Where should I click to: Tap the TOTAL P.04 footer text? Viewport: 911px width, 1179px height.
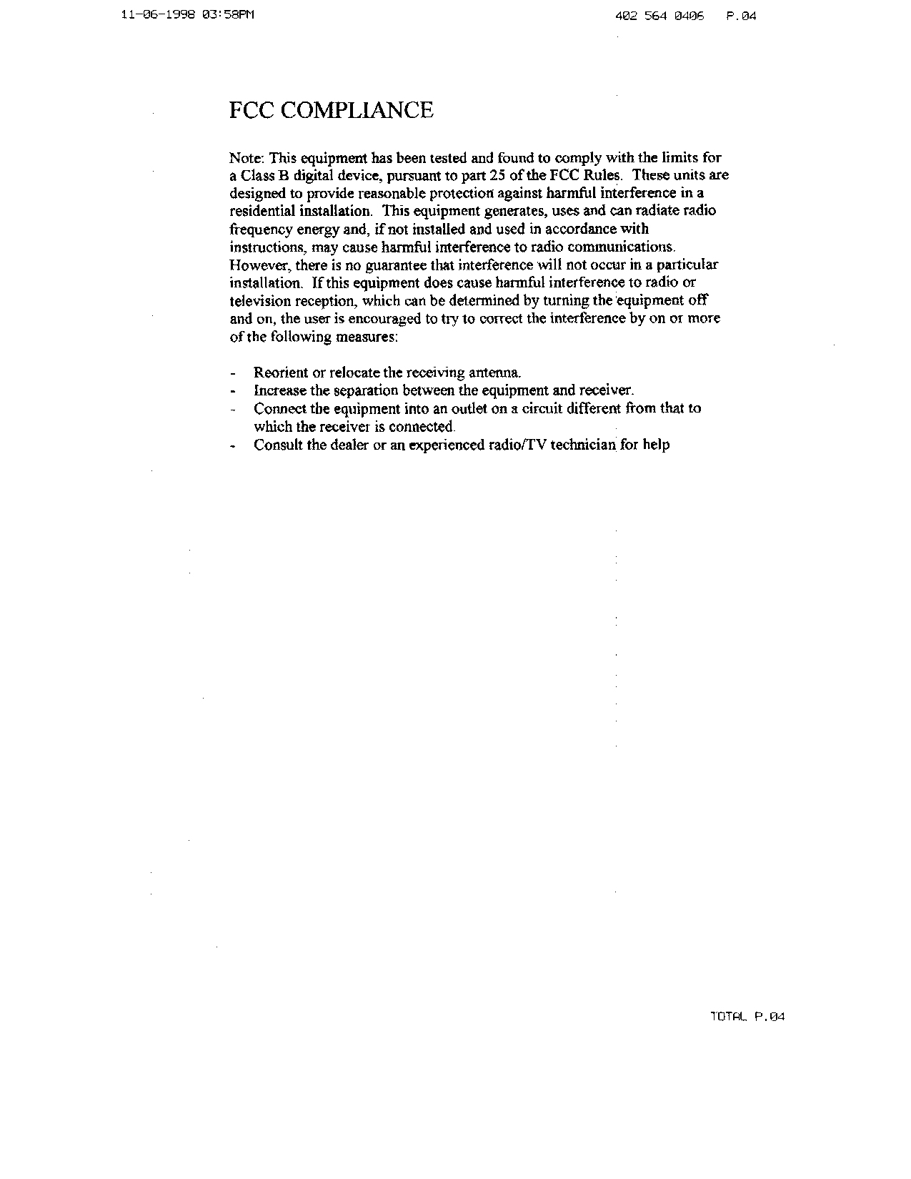pos(747,1017)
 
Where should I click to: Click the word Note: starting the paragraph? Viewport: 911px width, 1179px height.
pos(247,158)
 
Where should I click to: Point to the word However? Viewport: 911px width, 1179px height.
pos(256,265)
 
